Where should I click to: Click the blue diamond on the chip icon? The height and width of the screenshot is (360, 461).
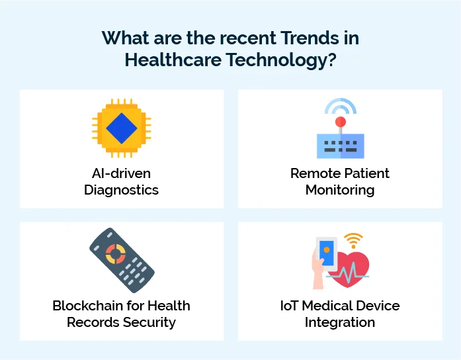tap(121, 128)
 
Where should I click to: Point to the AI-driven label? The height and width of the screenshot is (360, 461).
tap(122, 173)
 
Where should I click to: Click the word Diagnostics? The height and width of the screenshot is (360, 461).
tap(122, 190)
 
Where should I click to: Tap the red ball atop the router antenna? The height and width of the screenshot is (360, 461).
tap(340, 122)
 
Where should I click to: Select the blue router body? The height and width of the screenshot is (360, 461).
tap(340, 146)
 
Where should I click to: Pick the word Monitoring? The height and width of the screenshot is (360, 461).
tap(340, 190)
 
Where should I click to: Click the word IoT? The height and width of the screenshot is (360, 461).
tap(291, 306)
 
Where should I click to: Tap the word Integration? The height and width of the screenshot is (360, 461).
tap(340, 322)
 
